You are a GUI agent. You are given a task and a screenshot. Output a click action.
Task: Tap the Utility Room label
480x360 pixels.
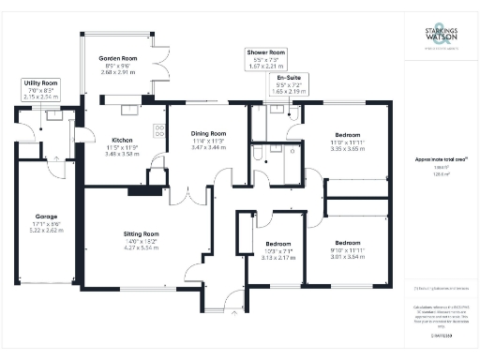click(41, 82)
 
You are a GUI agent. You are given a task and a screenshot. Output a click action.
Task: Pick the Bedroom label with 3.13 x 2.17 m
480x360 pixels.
click(271, 245)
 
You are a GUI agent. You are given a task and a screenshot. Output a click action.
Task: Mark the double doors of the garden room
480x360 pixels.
click(159, 68)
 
